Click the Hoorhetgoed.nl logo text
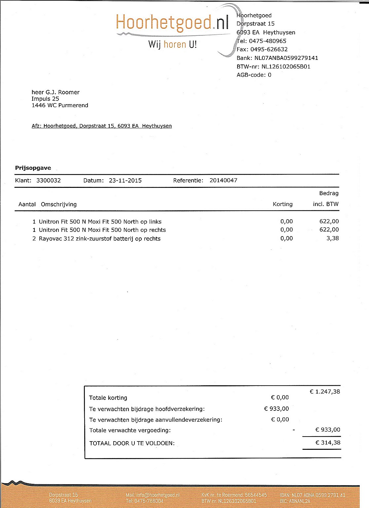click(172, 22)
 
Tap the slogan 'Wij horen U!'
click(172, 44)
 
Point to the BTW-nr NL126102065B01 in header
click(286, 66)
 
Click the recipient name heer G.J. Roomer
click(55, 92)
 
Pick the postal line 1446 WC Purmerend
click(60, 106)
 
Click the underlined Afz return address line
click(102, 126)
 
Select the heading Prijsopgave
click(33, 168)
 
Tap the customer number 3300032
click(49, 181)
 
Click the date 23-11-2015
click(125, 181)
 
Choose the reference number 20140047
click(223, 181)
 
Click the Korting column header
click(282, 204)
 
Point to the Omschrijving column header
click(59, 204)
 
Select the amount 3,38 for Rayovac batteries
click(333, 238)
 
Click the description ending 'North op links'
click(100, 222)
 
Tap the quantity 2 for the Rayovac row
click(34, 239)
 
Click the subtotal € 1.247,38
click(325, 392)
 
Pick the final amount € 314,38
click(328, 443)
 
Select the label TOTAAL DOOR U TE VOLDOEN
click(132, 444)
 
